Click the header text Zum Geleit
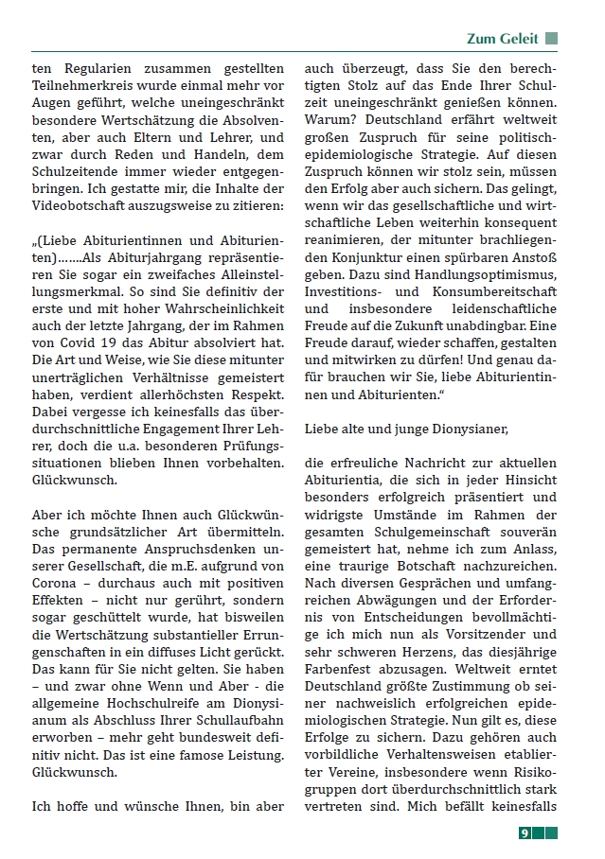[502, 39]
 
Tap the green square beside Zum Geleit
[551, 39]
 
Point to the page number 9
[524, 833]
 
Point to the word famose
[191, 754]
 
